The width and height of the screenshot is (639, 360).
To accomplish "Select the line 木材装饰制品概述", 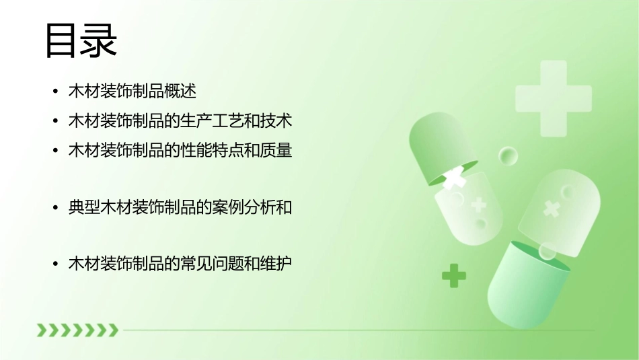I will point(132,91).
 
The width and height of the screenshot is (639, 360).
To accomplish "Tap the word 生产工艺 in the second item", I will point(219,122).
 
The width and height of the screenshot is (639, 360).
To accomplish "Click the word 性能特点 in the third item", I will point(219,151).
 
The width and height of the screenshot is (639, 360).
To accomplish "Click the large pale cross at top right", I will point(553,98).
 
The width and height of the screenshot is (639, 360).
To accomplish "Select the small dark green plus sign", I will point(454,275).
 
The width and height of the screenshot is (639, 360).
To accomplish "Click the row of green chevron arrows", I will point(77,330).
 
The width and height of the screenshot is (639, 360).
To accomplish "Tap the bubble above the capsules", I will point(508,157).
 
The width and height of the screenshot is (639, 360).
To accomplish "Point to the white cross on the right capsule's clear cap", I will point(552,209).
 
